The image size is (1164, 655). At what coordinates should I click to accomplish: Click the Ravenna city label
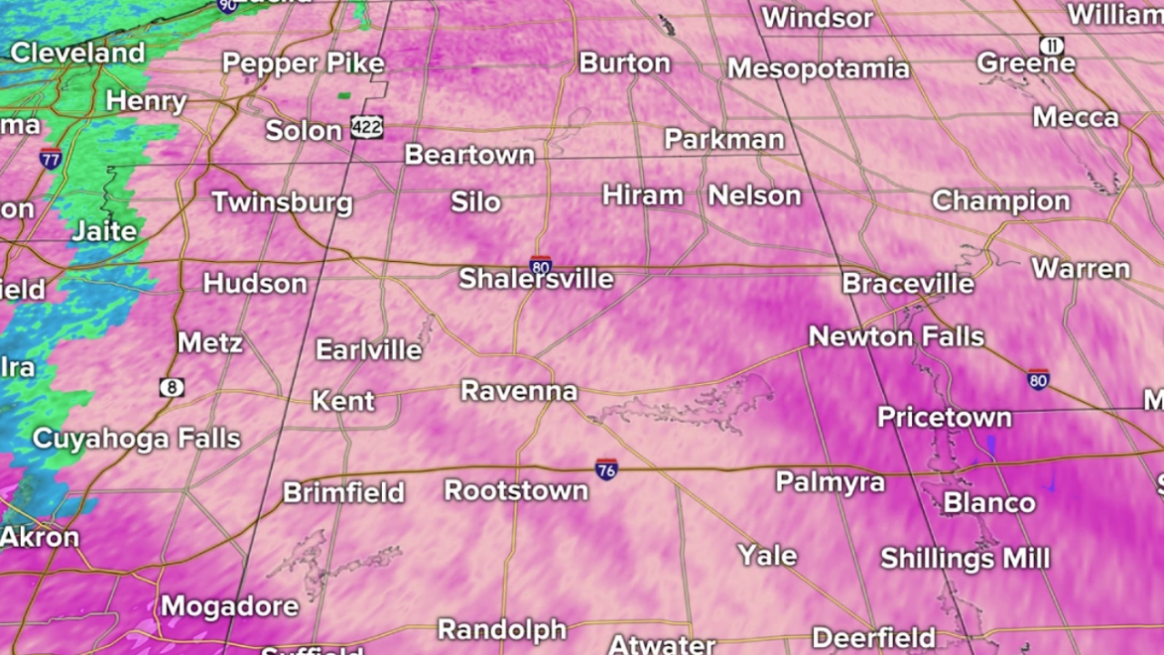[x=519, y=391]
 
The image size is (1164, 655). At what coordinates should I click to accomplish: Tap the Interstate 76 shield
[x=607, y=469]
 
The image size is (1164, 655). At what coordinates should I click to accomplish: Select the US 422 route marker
[x=366, y=127]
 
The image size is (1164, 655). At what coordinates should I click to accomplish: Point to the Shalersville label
[x=536, y=278]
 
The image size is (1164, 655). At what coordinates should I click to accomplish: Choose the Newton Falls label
[x=896, y=337]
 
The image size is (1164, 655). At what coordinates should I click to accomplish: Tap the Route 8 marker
[x=171, y=388]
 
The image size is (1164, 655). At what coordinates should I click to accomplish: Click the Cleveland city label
[x=77, y=53]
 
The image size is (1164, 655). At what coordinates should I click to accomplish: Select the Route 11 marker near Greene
[x=1051, y=45]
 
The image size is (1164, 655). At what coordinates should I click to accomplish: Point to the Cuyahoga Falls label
[x=136, y=438]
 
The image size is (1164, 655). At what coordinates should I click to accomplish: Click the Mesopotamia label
[x=818, y=68]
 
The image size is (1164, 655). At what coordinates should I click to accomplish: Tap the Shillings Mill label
[x=965, y=558]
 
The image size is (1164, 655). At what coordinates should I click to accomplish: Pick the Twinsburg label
[x=282, y=201]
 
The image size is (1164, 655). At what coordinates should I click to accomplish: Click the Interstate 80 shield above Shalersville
[x=540, y=266]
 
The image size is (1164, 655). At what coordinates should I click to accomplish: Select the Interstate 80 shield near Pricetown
[x=1038, y=379]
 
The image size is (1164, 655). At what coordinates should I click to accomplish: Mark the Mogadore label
[x=230, y=606]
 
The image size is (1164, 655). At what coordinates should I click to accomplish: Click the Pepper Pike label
[x=303, y=64]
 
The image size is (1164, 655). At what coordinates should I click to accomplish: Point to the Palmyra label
[x=829, y=481]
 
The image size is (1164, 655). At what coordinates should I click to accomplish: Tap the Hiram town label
[x=643, y=195]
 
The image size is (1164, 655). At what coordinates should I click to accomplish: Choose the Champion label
[x=1000, y=200]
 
